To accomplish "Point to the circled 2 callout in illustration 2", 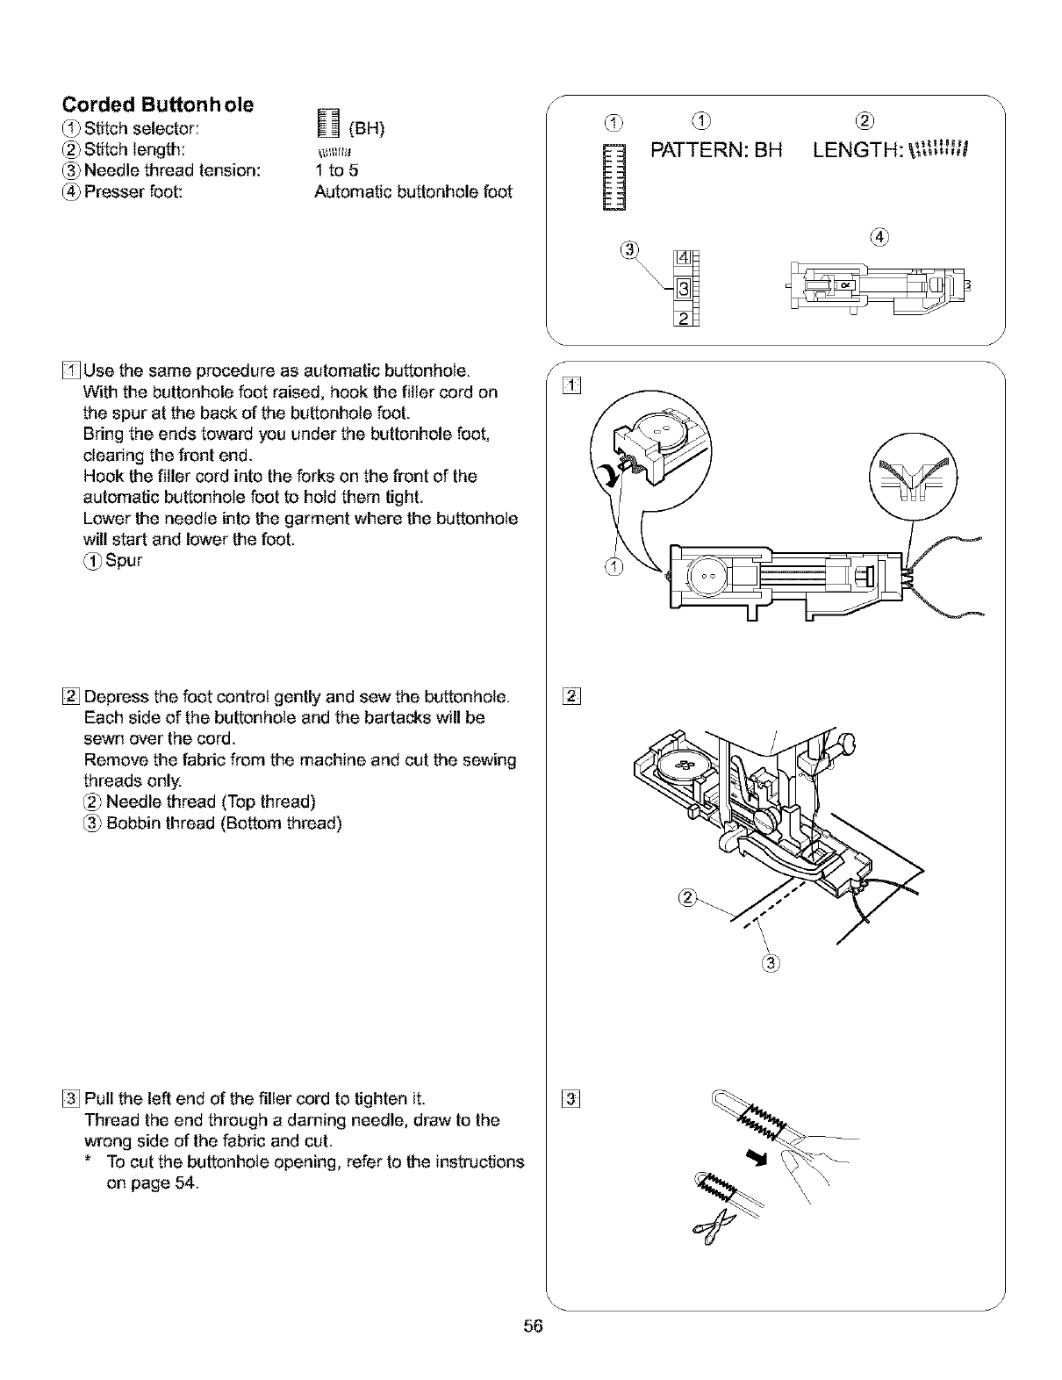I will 687,896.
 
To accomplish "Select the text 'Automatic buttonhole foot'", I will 413,191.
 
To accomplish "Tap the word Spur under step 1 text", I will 124,560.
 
